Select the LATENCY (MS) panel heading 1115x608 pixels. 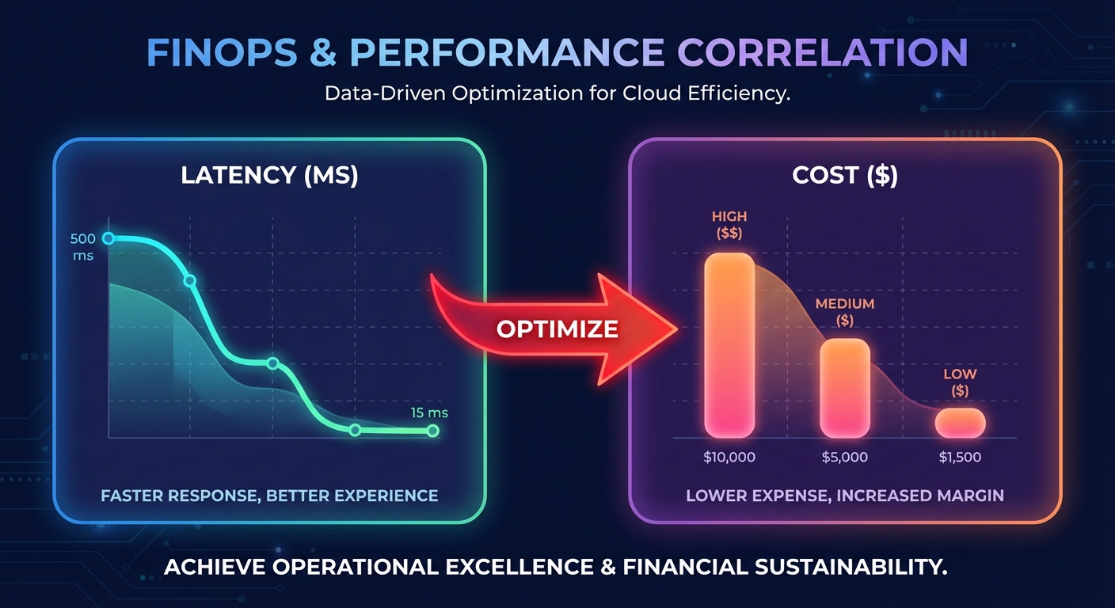click(x=269, y=175)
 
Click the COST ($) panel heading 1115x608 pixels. click(x=845, y=175)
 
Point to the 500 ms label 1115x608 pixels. click(x=82, y=247)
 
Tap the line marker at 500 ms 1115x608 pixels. click(x=109, y=238)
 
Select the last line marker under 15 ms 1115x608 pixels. click(x=432, y=431)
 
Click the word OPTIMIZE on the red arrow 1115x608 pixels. click(x=557, y=329)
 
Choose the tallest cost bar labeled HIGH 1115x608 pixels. click(x=729, y=345)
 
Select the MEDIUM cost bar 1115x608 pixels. click(x=844, y=388)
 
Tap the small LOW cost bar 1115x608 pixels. click(x=960, y=423)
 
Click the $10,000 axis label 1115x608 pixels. click(x=729, y=457)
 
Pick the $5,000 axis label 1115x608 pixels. click(x=844, y=457)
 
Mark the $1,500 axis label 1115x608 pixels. click(x=959, y=457)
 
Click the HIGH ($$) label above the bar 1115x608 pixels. click(x=729, y=224)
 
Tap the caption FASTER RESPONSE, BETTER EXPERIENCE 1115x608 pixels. click(x=269, y=496)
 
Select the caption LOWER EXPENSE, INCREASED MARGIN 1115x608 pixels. click(x=845, y=496)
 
